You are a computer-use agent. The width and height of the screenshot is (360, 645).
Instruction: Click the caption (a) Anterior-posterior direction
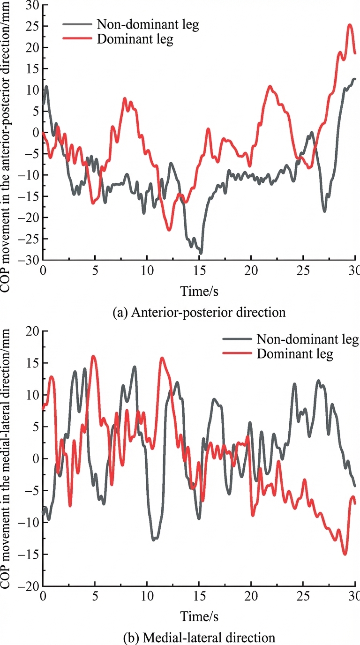(x=199, y=312)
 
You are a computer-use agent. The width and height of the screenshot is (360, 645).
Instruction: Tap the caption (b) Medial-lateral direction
(x=199, y=637)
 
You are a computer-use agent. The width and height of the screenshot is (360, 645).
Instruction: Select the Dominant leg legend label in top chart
(x=135, y=39)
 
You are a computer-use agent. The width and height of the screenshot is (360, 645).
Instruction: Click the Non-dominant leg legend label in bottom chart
(x=307, y=339)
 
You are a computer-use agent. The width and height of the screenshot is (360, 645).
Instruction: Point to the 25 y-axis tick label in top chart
(x=32, y=26)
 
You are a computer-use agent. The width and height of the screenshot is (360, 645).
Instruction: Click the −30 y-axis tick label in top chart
(x=29, y=260)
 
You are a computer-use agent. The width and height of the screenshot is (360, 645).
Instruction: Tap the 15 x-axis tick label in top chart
(x=199, y=270)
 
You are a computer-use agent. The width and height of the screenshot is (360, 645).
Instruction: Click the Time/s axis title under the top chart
(x=199, y=291)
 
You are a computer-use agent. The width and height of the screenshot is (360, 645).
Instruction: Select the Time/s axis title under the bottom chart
(x=199, y=616)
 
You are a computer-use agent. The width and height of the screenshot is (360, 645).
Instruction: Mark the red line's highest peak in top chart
(x=350, y=25)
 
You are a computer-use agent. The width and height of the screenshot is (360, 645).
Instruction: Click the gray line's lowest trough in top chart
(x=201, y=254)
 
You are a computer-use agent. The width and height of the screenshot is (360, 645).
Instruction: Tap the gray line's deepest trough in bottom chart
(x=153, y=540)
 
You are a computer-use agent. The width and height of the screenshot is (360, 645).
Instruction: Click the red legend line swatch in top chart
(x=77, y=38)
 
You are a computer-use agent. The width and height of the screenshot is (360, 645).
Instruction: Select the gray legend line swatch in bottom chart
(x=237, y=339)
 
